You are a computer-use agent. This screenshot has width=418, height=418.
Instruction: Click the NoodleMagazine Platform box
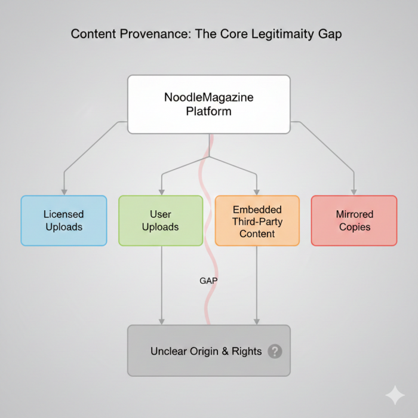(x=208, y=104)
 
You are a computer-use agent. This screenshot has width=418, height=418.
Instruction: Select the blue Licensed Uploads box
(x=64, y=220)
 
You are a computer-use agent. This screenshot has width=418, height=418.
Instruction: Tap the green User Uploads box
(x=161, y=220)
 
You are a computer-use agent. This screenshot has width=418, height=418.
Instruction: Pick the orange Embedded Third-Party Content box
(x=257, y=220)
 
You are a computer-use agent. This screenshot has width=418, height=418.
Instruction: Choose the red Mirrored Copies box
(x=354, y=220)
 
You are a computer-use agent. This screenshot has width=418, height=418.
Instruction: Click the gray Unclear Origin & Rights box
(x=208, y=351)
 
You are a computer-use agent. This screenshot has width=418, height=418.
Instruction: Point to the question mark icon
(x=275, y=351)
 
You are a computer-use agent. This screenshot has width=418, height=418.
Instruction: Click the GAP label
(x=208, y=280)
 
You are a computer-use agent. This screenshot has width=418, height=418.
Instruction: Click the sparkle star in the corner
(x=394, y=395)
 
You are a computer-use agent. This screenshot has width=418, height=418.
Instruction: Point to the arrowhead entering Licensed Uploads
(x=64, y=191)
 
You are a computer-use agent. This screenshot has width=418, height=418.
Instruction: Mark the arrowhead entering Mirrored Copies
(x=354, y=191)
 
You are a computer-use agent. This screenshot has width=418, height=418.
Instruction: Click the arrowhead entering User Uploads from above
(x=161, y=191)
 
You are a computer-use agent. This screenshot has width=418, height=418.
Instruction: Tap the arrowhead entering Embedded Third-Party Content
(x=257, y=191)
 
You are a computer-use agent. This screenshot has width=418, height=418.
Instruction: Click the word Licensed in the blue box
(x=64, y=214)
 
